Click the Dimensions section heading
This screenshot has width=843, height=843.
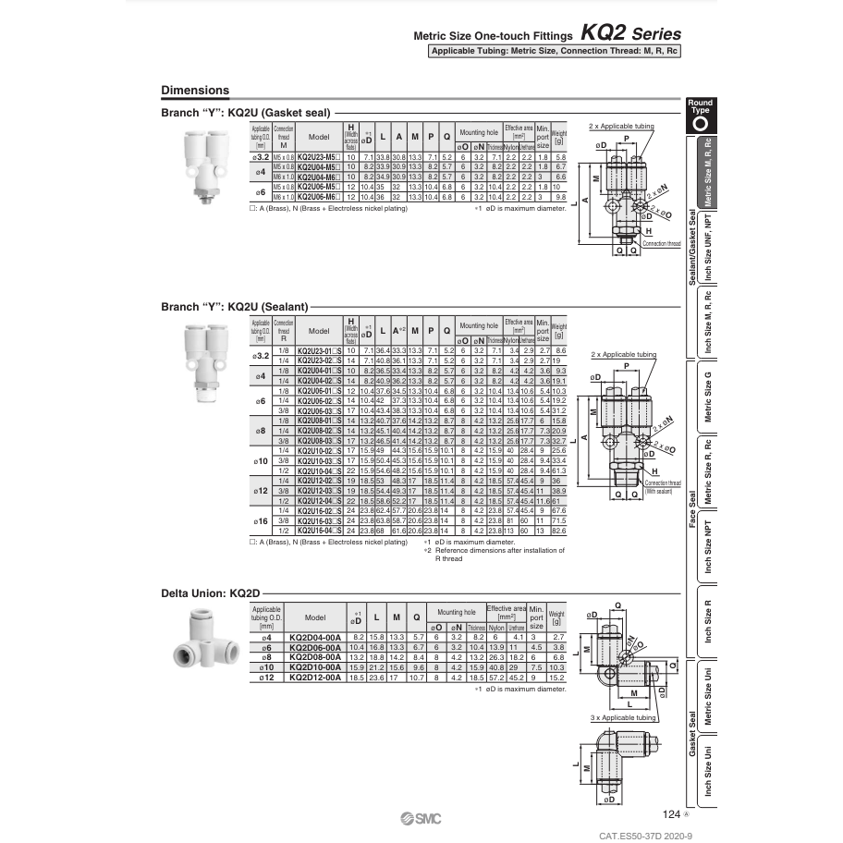point(195,91)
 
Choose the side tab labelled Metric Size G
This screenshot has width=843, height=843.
point(708,396)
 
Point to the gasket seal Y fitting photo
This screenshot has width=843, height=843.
point(202,158)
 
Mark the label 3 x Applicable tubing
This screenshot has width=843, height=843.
point(622,717)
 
